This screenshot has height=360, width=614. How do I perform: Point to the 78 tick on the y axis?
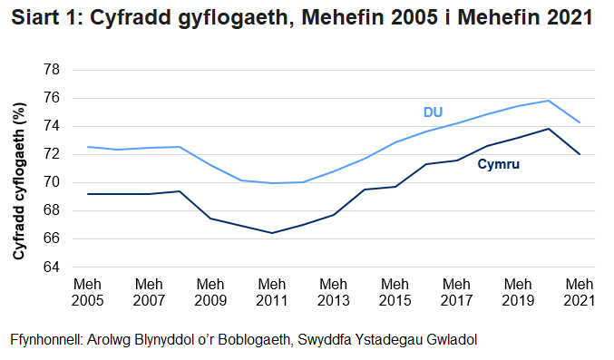pos(53,70)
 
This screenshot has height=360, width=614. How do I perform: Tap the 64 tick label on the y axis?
pos(53,268)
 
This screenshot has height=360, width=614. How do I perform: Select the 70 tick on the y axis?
pos(53,182)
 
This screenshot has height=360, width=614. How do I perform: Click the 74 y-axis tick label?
pos(53,126)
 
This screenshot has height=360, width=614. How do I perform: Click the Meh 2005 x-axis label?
pos(88,291)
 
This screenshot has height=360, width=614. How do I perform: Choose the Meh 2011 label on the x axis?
pos(272,291)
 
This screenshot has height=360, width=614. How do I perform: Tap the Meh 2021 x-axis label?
pos(580,291)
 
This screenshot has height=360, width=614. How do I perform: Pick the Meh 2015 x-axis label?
pos(395,291)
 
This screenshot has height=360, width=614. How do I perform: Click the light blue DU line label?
pos(433,112)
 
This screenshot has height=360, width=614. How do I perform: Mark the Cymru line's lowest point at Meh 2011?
pos(272,233)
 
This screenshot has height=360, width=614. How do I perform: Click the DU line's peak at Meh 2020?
pos(549,101)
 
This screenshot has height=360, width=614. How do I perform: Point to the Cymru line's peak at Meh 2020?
pos(549,129)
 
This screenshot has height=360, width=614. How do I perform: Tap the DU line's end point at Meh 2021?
pos(580,122)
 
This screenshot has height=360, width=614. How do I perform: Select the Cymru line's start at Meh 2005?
pos(88,194)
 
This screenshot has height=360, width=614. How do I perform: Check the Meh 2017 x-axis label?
pos(456,291)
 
